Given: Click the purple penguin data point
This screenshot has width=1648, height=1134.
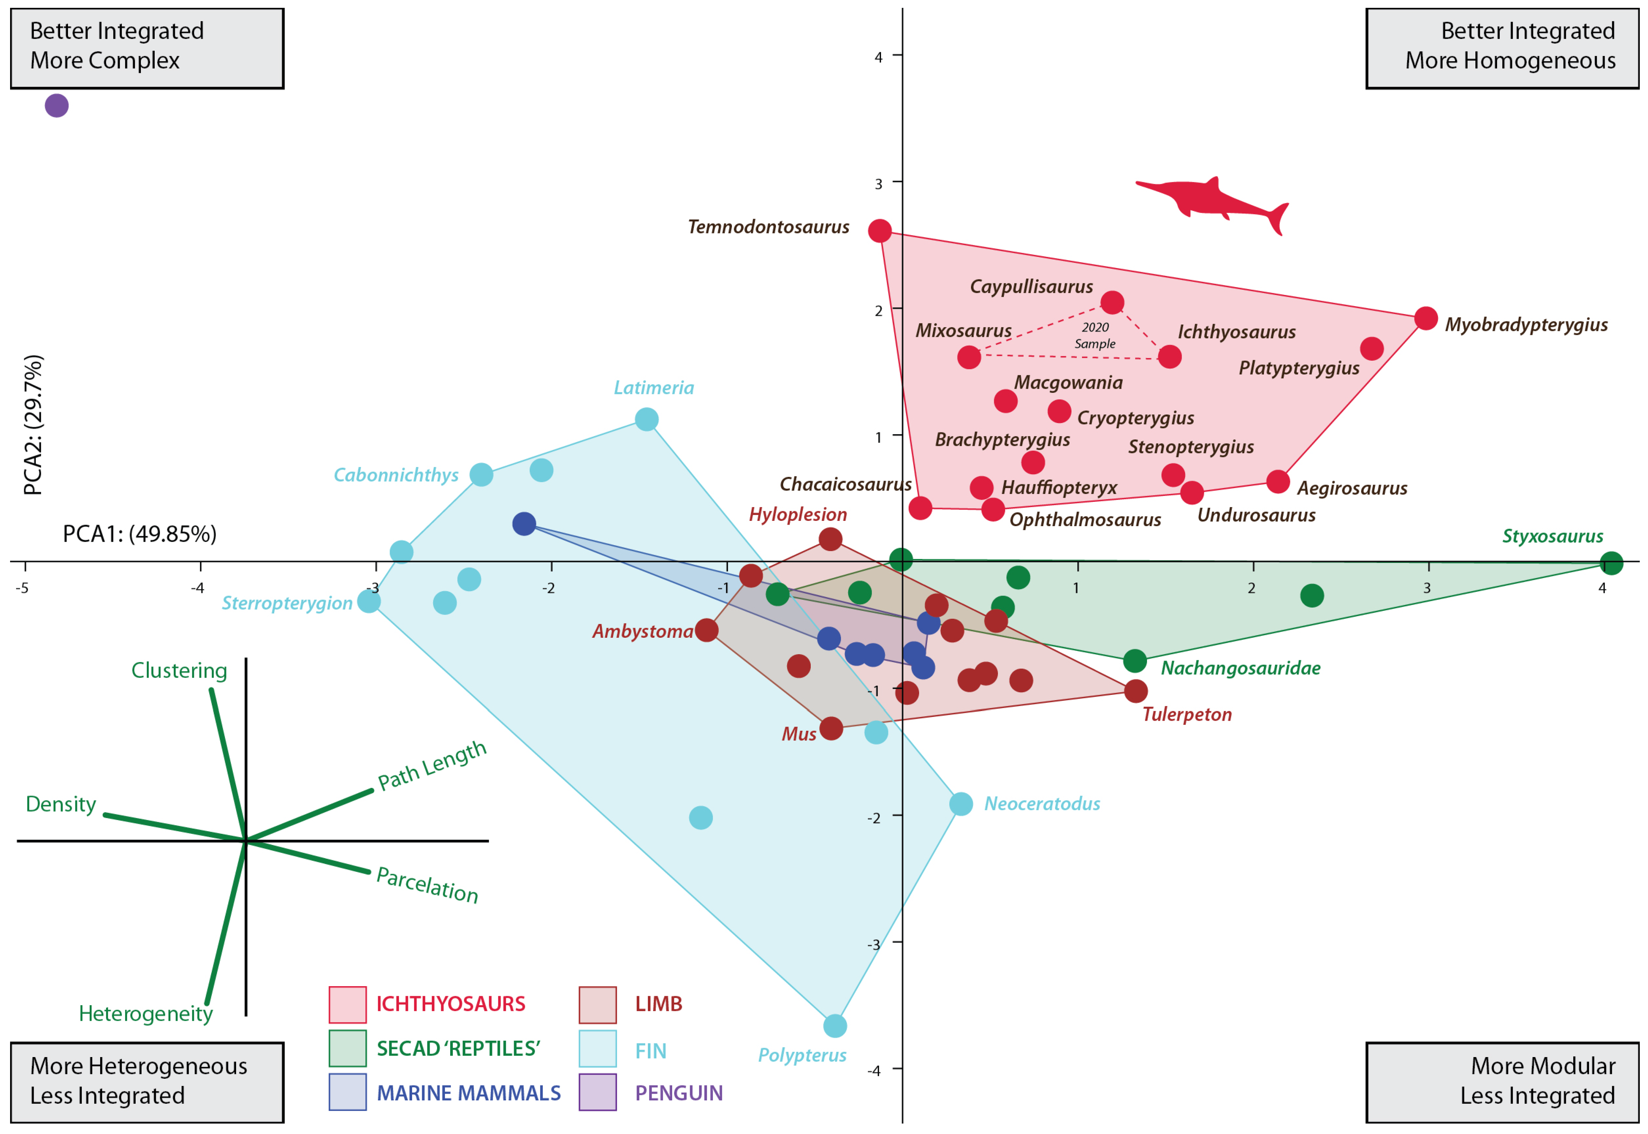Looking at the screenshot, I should point(57,106).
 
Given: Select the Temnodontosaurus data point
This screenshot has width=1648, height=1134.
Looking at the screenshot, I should point(880,231).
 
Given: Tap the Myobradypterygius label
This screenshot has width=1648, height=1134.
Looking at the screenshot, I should point(1526,325).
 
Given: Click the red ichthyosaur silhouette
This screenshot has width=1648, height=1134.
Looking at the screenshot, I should point(1211,201).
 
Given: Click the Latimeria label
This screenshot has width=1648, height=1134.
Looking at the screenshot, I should point(653,388).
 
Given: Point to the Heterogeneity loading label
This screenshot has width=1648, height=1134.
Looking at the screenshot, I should point(146,1014).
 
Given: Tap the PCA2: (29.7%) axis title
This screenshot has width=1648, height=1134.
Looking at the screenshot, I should point(33,425).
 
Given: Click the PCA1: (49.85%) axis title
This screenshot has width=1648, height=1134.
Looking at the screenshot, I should point(139,534).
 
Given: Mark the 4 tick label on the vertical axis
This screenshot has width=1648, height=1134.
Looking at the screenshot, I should point(879,57).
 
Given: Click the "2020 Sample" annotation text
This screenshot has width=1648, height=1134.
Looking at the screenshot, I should point(1095,335).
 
